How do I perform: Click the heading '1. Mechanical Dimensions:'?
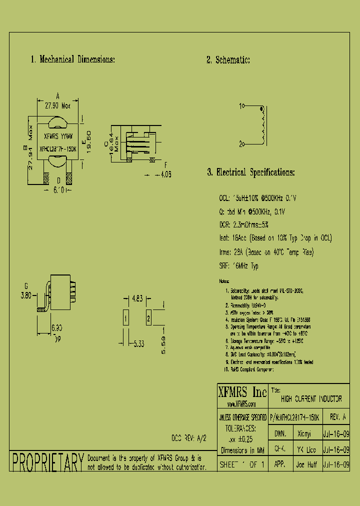(x=73, y=59)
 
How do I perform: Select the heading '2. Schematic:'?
(x=228, y=60)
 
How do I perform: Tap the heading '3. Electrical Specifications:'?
(x=250, y=172)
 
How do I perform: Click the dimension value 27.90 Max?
(x=58, y=106)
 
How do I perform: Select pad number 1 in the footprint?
(x=126, y=318)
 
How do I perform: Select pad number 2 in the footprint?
(x=148, y=318)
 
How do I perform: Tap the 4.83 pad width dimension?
(x=137, y=299)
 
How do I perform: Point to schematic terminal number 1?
(x=241, y=106)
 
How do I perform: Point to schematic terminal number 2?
(x=241, y=144)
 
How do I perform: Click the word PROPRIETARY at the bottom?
(x=47, y=462)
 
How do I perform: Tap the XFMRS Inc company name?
(x=242, y=391)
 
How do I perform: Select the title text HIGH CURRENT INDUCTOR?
(x=311, y=399)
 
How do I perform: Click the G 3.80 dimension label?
(x=25, y=292)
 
